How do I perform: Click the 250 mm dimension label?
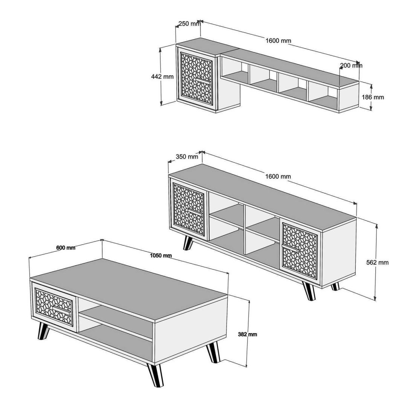tap(190, 24)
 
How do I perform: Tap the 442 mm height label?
tap(162, 77)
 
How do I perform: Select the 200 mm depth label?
tap(351, 66)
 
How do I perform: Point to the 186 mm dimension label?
tap(373, 97)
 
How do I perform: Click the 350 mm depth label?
tap(187, 156)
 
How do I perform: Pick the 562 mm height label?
tap(377, 262)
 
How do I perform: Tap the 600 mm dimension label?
tap(66, 248)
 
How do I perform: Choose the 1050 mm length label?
tap(161, 256)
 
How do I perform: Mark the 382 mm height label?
tap(248, 334)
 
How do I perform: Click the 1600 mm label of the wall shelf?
tap(278, 40)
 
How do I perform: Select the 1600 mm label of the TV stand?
tap(278, 176)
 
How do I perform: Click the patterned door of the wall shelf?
tap(196, 78)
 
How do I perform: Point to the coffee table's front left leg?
tap(43, 331)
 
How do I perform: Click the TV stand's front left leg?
tap(188, 243)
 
